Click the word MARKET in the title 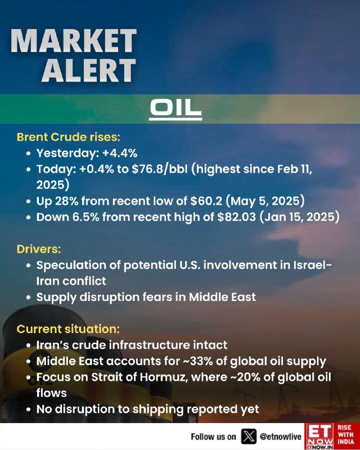click(74, 40)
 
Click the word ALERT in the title click(89, 70)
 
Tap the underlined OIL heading click(175, 109)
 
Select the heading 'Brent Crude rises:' click(68, 137)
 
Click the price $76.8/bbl click(160, 169)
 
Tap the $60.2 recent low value click(206, 201)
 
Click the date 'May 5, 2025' click(265, 201)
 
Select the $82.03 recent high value click(236, 217)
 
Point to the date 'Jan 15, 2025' click(300, 217)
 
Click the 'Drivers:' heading click(39, 249)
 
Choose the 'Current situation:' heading click(68, 329)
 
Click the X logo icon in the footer click(249, 436)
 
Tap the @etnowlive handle click(281, 437)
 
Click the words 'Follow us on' click(213, 437)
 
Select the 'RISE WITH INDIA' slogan click(345, 435)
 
